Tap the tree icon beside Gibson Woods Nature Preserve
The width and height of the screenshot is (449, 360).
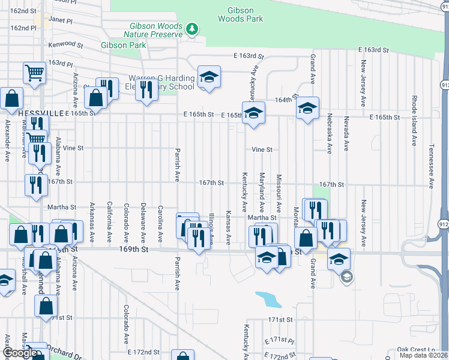(191, 28)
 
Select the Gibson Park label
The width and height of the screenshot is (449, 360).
(124, 45)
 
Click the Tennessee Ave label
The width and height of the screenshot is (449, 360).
(431, 166)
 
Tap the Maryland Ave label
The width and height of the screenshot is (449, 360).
(262, 190)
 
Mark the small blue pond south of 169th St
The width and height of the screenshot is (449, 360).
(267, 298)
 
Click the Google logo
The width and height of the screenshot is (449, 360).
(20, 353)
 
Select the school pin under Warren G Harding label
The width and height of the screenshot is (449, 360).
(209, 78)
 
